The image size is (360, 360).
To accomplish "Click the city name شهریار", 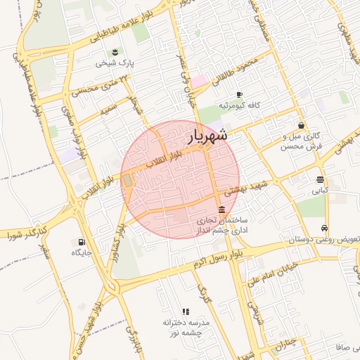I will point(207,136).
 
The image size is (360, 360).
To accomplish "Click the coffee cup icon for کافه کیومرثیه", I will point(239,94).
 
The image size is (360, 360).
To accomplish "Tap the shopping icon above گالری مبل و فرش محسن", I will point(301,125).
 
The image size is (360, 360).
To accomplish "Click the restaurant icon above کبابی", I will point(320,179).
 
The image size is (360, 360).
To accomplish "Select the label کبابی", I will point(320,190).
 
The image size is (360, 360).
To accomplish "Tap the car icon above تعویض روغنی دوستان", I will point(323,228).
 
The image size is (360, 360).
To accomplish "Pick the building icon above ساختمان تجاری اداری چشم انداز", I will point(222,210).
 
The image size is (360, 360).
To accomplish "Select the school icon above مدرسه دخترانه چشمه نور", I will point(186,311).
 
